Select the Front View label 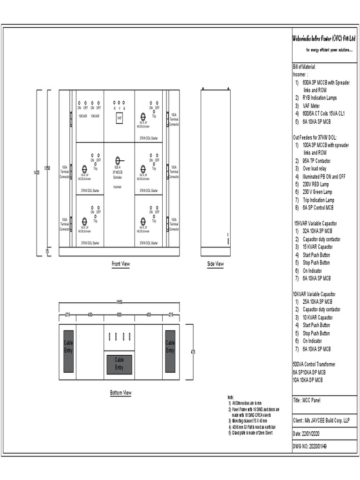point(120,264)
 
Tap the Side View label point(215,264)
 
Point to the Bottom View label point(120,393)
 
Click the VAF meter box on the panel point(120,118)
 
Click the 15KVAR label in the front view point(82,116)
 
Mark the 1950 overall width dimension point(120,302)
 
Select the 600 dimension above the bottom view point(119,315)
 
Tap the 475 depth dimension point(193,352)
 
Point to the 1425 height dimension point(37,172)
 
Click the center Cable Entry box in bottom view point(119,364)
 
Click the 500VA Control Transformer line point(314,364)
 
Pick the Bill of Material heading point(304,67)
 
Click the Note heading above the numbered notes point(231,397)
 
